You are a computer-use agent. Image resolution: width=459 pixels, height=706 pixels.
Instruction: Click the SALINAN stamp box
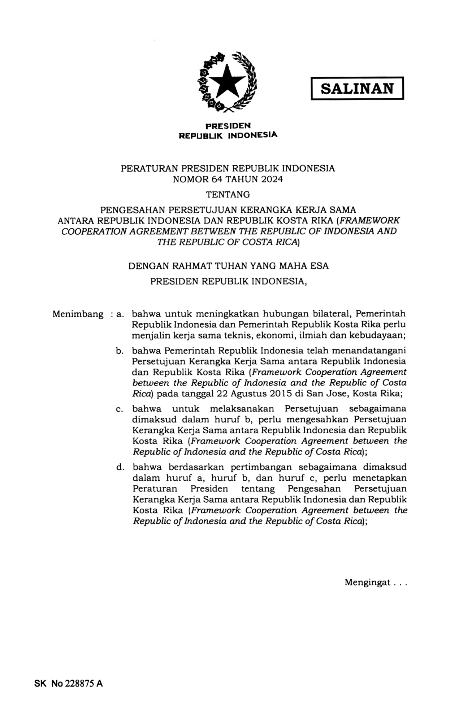(357, 88)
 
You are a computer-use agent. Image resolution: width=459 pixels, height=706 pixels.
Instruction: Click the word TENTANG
(228, 195)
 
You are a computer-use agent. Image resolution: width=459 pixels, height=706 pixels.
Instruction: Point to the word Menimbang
(78, 314)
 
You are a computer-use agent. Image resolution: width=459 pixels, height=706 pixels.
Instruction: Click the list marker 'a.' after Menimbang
(120, 314)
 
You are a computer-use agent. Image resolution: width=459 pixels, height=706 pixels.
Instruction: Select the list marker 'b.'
(120, 351)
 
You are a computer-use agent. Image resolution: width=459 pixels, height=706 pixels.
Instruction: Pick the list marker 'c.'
(120, 409)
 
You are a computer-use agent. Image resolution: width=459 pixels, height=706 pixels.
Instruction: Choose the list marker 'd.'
(120, 468)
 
